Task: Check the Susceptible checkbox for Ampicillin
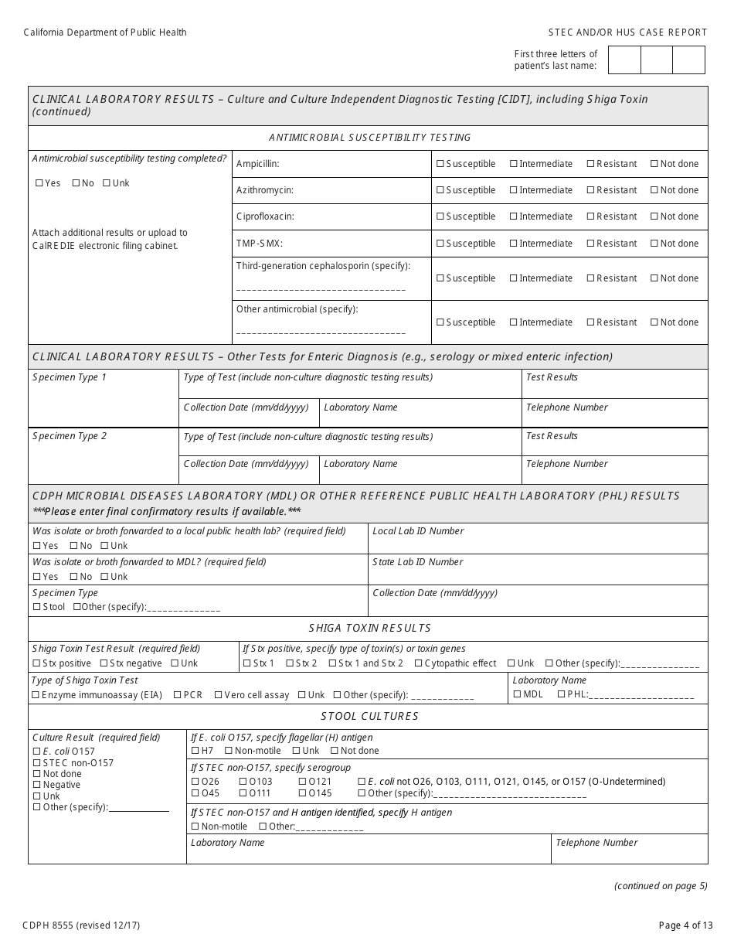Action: click(440, 164)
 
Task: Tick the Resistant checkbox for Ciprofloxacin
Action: click(591, 216)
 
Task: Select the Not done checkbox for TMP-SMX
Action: click(654, 244)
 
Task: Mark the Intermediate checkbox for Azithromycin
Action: click(514, 190)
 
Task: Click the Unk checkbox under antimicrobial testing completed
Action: click(107, 183)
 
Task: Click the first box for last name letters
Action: click(624, 60)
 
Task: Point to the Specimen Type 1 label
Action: click(70, 377)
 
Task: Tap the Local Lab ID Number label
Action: click(418, 531)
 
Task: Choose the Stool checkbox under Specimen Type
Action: click(36, 607)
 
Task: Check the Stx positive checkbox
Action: click(36, 663)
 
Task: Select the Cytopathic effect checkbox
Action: click(418, 663)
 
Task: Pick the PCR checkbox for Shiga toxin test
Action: click(177, 695)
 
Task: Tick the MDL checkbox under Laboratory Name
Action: click(517, 694)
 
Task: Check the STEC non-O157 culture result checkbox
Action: click(36, 763)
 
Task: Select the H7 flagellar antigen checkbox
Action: click(195, 751)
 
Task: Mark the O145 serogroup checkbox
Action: click(303, 793)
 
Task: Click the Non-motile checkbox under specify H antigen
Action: click(195, 827)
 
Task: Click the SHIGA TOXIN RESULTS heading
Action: click(369, 629)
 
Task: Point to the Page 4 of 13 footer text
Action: click(682, 925)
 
